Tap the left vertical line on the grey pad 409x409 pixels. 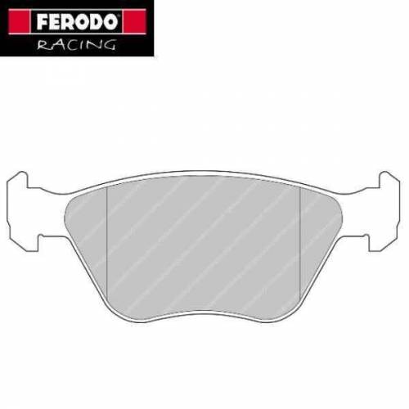(x=109, y=245)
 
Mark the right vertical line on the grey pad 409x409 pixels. (x=301, y=245)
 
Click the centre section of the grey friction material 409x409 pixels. (x=204, y=245)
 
